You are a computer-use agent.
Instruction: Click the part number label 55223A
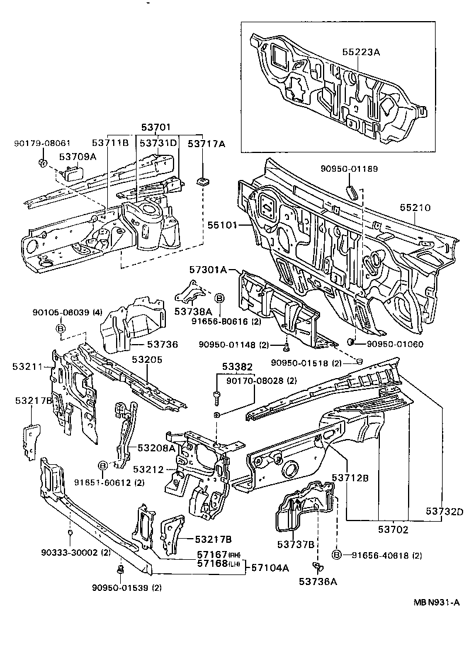pos(362,52)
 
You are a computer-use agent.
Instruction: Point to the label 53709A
pos(77,157)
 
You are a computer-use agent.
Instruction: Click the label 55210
pos(416,208)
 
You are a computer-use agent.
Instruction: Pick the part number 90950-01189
pos(348,169)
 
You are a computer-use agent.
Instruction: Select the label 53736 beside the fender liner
pos(162,344)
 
